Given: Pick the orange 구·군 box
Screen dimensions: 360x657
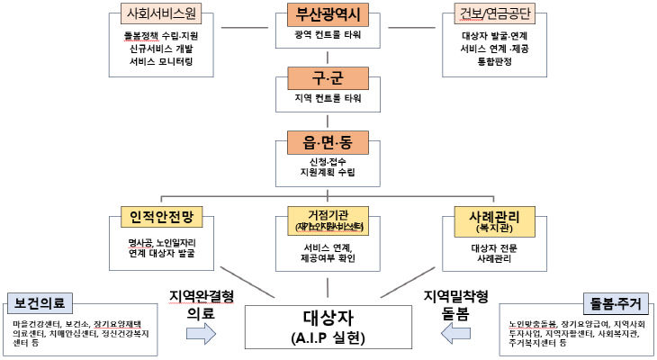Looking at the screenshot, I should [x=328, y=77].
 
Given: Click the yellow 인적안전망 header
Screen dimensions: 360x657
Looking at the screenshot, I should [x=162, y=218].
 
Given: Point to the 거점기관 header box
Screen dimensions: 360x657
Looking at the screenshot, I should [x=328, y=219].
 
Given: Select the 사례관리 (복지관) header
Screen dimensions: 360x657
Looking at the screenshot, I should [x=495, y=219].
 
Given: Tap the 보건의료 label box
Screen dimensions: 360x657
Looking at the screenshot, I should [x=40, y=301].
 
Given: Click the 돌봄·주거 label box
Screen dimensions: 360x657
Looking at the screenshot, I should [x=616, y=301].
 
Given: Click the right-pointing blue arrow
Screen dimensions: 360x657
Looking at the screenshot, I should [x=201, y=334].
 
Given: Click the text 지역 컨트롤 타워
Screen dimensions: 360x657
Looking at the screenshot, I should [x=328, y=97].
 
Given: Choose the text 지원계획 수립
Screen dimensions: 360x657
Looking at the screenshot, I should [x=328, y=171].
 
